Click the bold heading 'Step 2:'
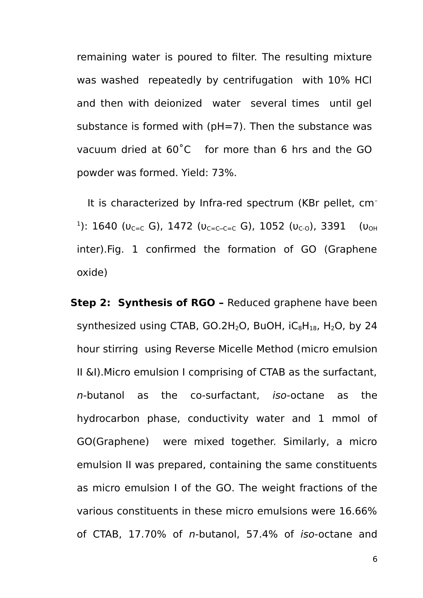pos(90,303)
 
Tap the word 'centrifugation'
pos(258,81)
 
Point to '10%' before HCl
pos(339,81)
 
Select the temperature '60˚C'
pos(179,150)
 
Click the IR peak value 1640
pos(104,227)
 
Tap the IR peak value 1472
pos(180,227)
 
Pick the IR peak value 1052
pos(272,227)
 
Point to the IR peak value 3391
pos(333,227)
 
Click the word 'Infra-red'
pos(221,204)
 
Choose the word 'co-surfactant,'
pos(225,396)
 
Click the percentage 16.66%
pos(358,512)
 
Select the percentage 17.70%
pos(147,534)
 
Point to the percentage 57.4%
pos(262,534)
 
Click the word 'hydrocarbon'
pos(108,419)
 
